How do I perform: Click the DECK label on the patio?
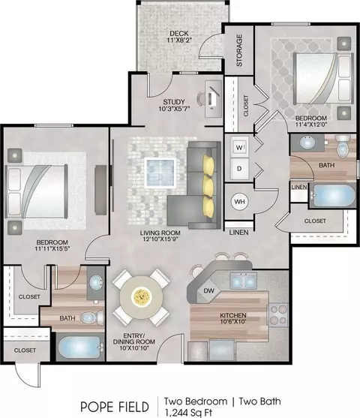tap(179, 34)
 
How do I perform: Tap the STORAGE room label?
tap(239, 50)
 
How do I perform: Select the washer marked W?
tap(239, 147)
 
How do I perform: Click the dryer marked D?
tap(239, 169)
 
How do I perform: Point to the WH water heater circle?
tap(239, 202)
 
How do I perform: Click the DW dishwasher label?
tap(208, 290)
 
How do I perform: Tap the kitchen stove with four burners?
tap(278, 315)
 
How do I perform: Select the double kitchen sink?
tap(243, 281)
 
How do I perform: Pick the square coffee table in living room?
tap(160, 173)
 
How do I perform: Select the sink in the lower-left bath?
tap(96, 284)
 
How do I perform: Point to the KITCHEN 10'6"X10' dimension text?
tap(233, 318)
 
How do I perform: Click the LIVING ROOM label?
tap(160, 233)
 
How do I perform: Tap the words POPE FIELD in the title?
tap(115, 407)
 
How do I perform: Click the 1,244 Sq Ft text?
tap(188, 412)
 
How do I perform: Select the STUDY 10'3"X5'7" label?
tap(174, 105)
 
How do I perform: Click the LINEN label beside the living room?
tap(239, 233)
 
